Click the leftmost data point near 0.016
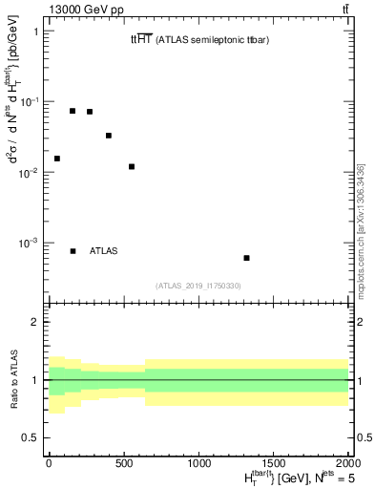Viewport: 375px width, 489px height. click(57, 159)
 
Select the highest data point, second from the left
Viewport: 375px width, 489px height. click(73, 111)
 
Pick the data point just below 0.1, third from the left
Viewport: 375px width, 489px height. click(90, 112)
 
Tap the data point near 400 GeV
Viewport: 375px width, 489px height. click(109, 136)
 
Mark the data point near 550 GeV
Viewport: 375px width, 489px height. click(132, 167)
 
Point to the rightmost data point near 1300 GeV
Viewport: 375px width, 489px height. click(247, 258)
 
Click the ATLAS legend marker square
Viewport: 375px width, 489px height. click(73, 251)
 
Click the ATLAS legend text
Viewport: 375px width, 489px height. click(104, 251)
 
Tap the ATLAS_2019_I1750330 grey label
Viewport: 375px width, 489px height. click(198, 286)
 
